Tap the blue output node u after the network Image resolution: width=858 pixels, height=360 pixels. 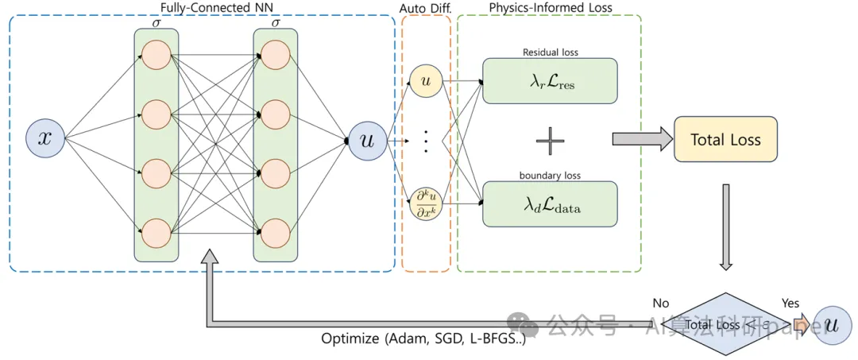pyautogui.click(x=367, y=141)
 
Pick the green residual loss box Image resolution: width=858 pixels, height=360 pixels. pyautogui.click(x=550, y=80)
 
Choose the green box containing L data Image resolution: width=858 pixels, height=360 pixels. pyautogui.click(x=550, y=203)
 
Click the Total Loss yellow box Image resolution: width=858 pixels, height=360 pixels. pyautogui.click(x=725, y=140)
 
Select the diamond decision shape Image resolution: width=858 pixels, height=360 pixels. pyautogui.click(x=725, y=323)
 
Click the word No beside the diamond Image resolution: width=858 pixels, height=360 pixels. pyautogui.click(x=660, y=303)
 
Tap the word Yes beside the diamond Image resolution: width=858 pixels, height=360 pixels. pyautogui.click(x=790, y=303)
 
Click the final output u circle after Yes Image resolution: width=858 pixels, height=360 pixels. pyautogui.click(x=832, y=324)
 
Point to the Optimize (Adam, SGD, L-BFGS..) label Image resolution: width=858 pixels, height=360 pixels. pyautogui.click(x=423, y=339)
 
